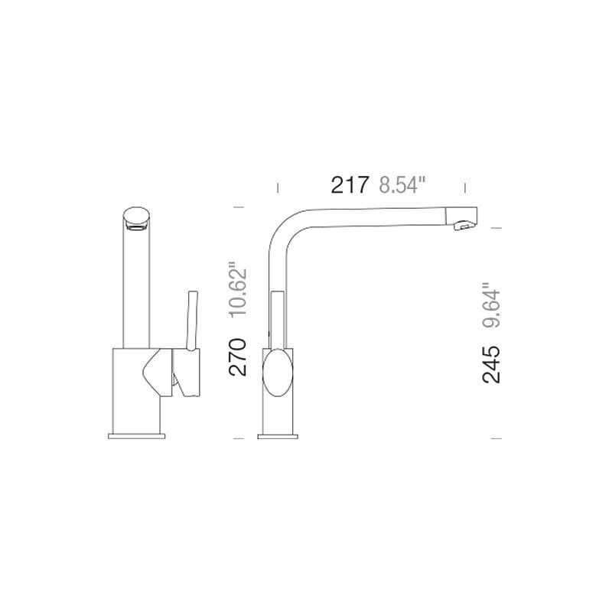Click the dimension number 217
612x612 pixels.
pyautogui.click(x=350, y=185)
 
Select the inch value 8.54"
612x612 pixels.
pyautogui.click(x=402, y=185)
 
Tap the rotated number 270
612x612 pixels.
pyautogui.click(x=238, y=357)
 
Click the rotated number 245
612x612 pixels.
pyautogui.click(x=491, y=364)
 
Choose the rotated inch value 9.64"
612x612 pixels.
pyautogui.click(x=491, y=304)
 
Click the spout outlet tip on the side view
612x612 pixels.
pyautogui.click(x=464, y=226)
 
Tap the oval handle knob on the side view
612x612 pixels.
pyautogui.click(x=278, y=373)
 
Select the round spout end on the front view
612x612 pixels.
pyautogui.click(x=136, y=219)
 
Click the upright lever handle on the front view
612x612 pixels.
pyautogui.click(x=193, y=321)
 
